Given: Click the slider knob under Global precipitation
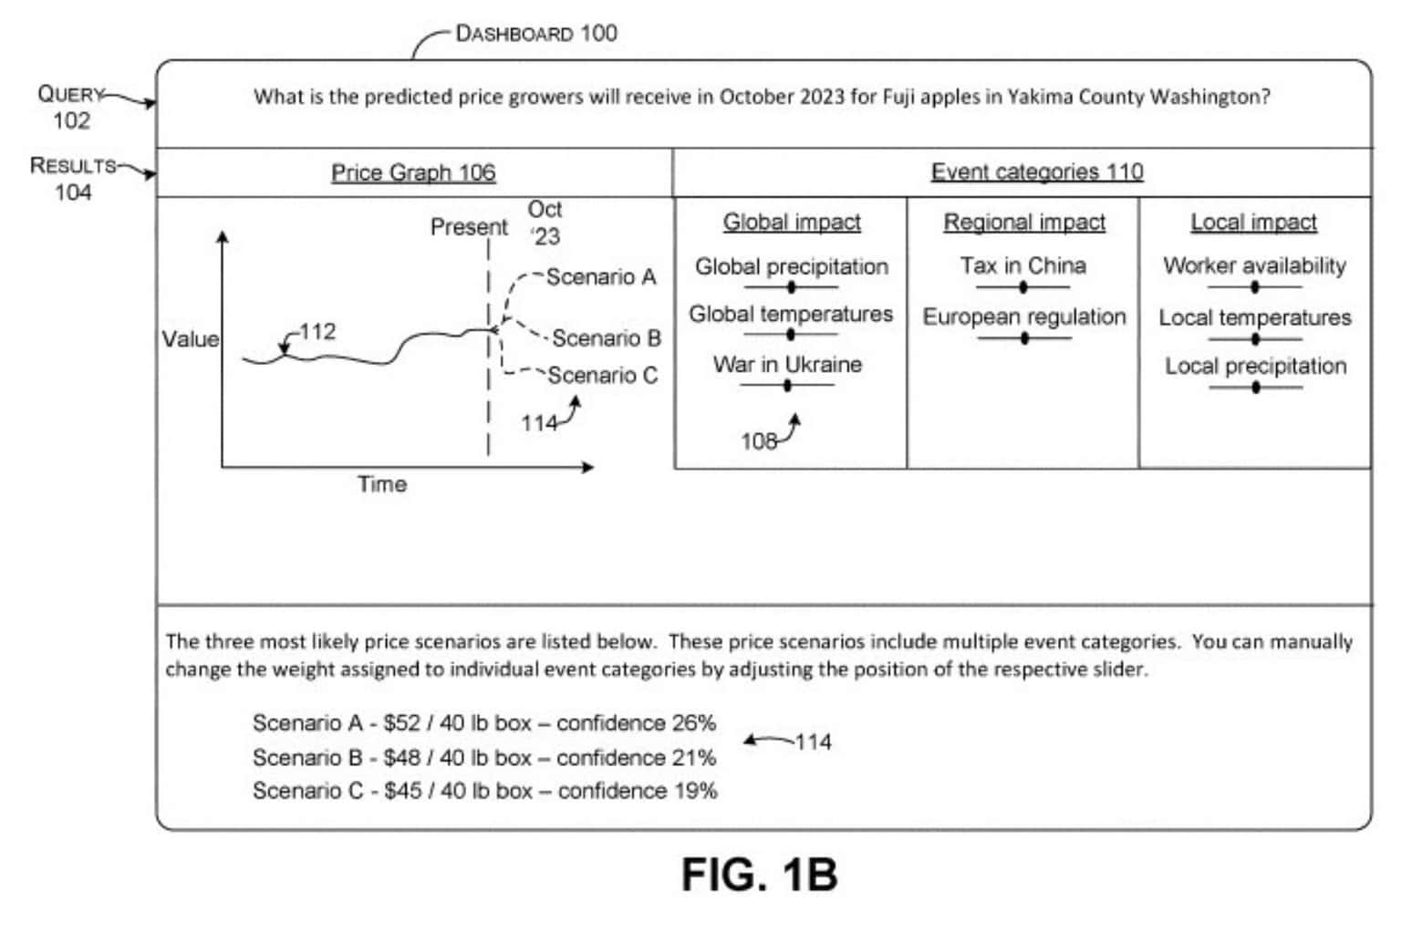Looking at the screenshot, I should (791, 287).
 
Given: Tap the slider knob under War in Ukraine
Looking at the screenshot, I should (787, 386).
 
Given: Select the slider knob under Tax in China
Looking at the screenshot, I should (1022, 287).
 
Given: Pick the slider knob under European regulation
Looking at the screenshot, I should (1024, 338).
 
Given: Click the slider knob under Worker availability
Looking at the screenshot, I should (1255, 287).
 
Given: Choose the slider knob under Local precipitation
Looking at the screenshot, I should (1256, 388).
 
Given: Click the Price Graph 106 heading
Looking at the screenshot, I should (413, 172).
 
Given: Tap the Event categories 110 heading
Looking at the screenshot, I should (1036, 171).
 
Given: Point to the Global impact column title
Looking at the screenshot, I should (792, 222).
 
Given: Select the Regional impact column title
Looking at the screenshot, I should (1024, 222).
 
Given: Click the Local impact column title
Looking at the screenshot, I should (1253, 222).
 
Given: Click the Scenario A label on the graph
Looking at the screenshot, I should (601, 276).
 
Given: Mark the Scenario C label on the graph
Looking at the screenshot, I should (602, 375).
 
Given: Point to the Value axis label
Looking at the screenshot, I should (191, 339).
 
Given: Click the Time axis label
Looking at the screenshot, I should (382, 483).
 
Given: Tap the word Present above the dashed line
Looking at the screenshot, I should (469, 226).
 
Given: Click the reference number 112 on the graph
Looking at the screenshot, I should (317, 331).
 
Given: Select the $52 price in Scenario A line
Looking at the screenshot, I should (402, 723).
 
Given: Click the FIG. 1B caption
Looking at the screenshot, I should (759, 875).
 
